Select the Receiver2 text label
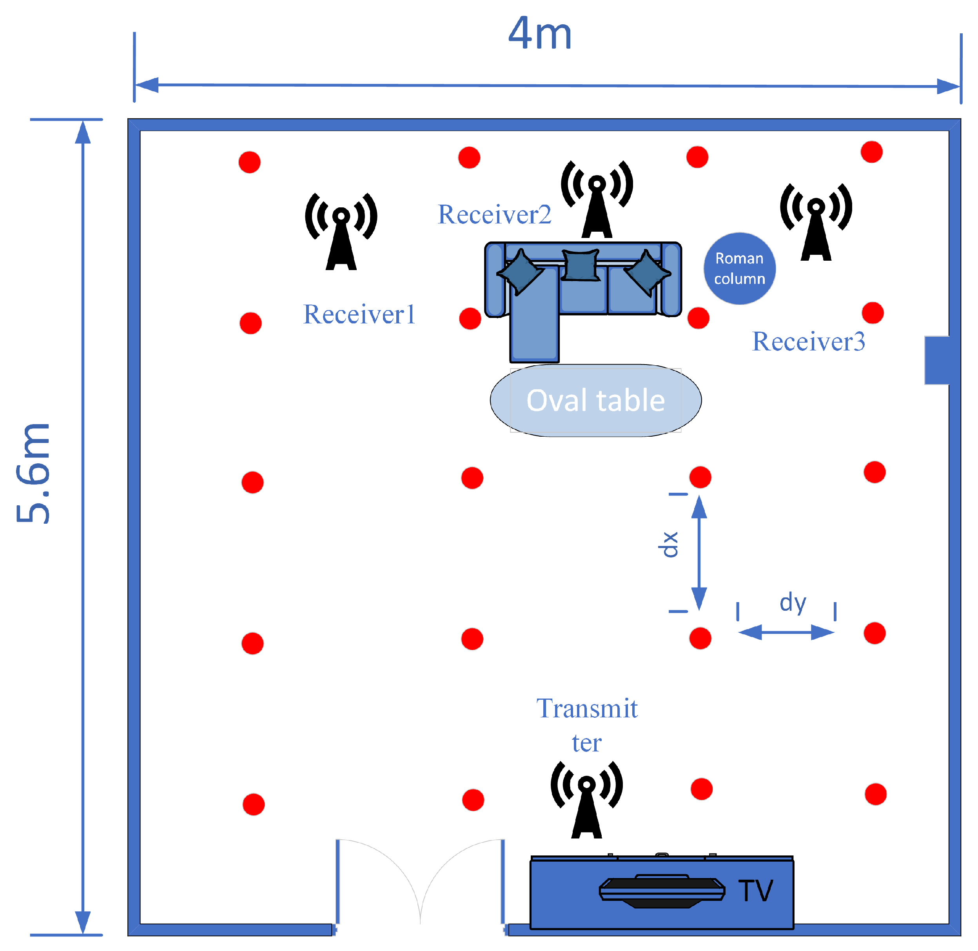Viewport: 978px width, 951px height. coord(494,214)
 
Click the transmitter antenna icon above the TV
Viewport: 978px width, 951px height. coord(586,800)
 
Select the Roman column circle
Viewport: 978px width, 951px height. coord(739,268)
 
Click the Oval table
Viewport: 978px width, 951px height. coord(595,401)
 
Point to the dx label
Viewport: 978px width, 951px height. coord(668,544)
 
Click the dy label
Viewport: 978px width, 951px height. coord(793,603)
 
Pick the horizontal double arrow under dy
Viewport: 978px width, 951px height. coord(786,633)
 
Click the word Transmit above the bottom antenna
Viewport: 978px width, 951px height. coord(586,709)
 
